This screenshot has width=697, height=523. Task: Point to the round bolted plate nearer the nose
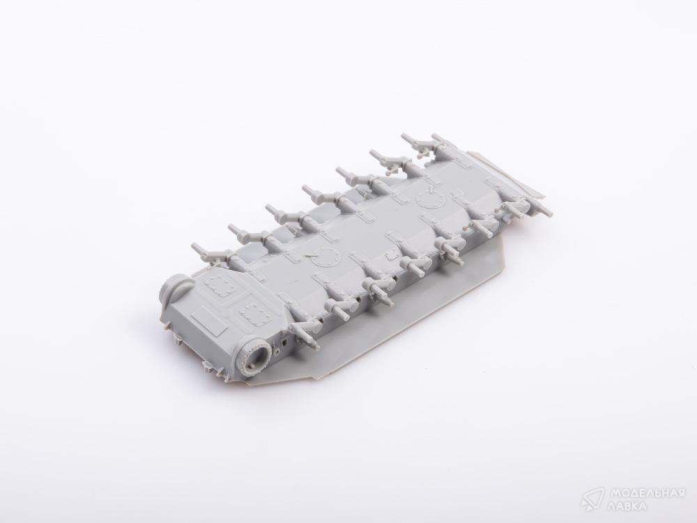click(325, 259)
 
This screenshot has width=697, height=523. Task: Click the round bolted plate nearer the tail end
click(431, 198)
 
